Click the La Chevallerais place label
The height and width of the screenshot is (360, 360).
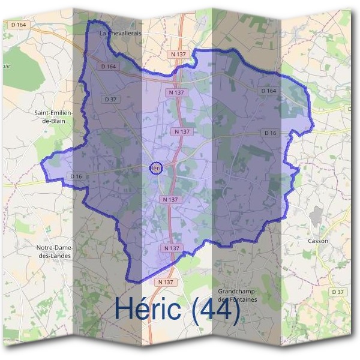tap(121, 34)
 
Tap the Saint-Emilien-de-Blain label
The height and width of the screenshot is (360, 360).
tap(53, 116)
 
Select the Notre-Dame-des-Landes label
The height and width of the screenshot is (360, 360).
tap(54, 251)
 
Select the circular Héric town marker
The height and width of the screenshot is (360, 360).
tap(155, 168)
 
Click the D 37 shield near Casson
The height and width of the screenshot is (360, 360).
tap(338, 292)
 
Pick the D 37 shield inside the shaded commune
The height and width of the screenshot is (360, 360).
tap(110, 99)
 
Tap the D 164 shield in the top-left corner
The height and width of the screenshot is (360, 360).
tap(19, 25)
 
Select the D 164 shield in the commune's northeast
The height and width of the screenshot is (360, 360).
tap(269, 91)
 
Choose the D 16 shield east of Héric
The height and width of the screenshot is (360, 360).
tap(270, 133)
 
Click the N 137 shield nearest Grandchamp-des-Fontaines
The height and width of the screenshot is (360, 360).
tap(166, 281)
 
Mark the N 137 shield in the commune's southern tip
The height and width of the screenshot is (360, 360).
tap(171, 248)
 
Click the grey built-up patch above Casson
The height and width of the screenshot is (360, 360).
tap(316, 216)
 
